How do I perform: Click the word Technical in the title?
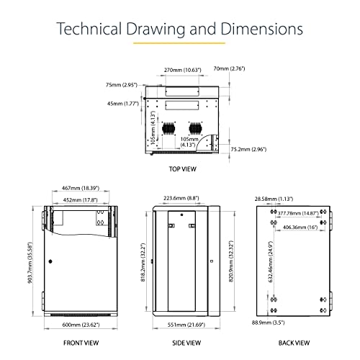[x=89, y=29]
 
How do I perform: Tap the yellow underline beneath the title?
[x=179, y=43]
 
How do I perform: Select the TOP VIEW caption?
[x=183, y=169]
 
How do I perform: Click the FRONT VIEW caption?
[x=81, y=343]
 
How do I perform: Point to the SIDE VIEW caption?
[x=186, y=343]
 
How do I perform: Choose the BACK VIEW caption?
[x=294, y=343]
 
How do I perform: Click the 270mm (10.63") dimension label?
[x=183, y=70]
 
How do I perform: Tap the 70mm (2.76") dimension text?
[x=229, y=68]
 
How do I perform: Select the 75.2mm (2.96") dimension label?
[x=248, y=149]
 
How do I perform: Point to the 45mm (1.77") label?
[x=123, y=104]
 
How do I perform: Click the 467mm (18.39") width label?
[x=81, y=188]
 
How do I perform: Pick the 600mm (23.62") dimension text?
[x=81, y=325]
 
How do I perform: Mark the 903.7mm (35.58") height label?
[x=30, y=263]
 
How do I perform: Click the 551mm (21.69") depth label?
[x=186, y=325]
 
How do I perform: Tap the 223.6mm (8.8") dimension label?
[x=181, y=198]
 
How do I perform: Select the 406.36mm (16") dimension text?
[x=300, y=227]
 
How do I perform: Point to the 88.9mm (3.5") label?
[x=269, y=323]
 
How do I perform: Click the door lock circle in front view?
[x=50, y=261]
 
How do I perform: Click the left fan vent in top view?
[x=169, y=128]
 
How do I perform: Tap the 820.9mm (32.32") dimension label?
[x=231, y=261]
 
